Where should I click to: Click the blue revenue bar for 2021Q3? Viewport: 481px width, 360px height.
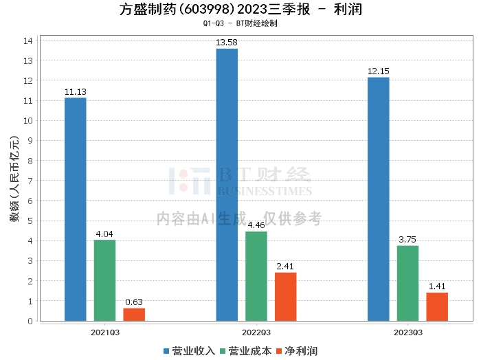click(x=75, y=210)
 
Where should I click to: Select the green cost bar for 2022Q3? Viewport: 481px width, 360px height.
click(x=256, y=276)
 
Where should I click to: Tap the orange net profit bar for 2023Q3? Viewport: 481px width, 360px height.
click(x=437, y=307)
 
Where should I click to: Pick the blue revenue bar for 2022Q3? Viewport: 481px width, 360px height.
click(x=227, y=185)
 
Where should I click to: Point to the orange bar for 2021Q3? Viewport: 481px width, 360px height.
click(x=134, y=315)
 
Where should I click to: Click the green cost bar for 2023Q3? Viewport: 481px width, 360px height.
click(x=407, y=283)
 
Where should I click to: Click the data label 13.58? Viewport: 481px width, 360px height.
click(x=226, y=43)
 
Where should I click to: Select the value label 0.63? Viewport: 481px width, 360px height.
click(x=134, y=302)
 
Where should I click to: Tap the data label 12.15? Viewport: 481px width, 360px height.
click(x=378, y=71)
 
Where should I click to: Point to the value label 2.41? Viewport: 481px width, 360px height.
click(x=285, y=266)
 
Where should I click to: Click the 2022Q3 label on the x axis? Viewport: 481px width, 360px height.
click(x=256, y=333)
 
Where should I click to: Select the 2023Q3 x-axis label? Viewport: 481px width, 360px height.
click(x=408, y=333)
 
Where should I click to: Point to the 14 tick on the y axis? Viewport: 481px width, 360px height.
click(x=28, y=41)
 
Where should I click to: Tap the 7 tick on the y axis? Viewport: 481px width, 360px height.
click(x=30, y=181)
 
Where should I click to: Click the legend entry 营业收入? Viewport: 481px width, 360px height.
click(x=189, y=351)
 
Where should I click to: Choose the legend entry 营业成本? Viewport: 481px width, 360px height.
click(x=246, y=351)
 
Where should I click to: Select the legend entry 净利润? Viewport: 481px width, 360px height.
click(x=297, y=351)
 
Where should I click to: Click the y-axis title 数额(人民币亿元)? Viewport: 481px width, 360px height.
click(x=14, y=179)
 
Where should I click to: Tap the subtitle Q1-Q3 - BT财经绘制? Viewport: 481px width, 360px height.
click(x=240, y=23)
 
